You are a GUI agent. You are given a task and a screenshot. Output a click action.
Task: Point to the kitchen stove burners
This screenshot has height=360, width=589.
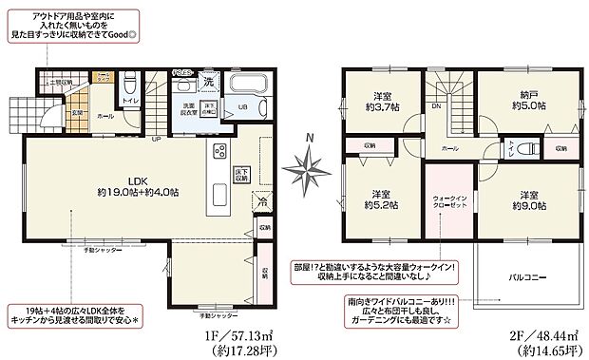pos(220,152)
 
